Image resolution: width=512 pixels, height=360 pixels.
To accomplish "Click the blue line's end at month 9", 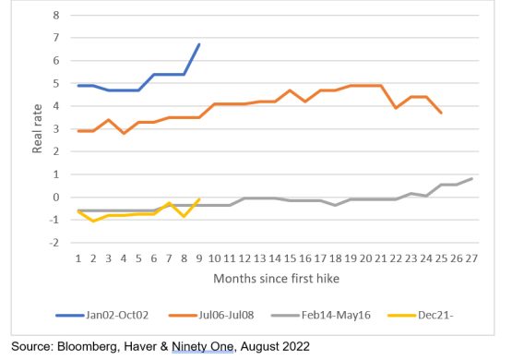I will pyautogui.click(x=199, y=44).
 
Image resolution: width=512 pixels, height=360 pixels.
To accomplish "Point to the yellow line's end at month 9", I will pyautogui.click(x=199, y=198).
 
